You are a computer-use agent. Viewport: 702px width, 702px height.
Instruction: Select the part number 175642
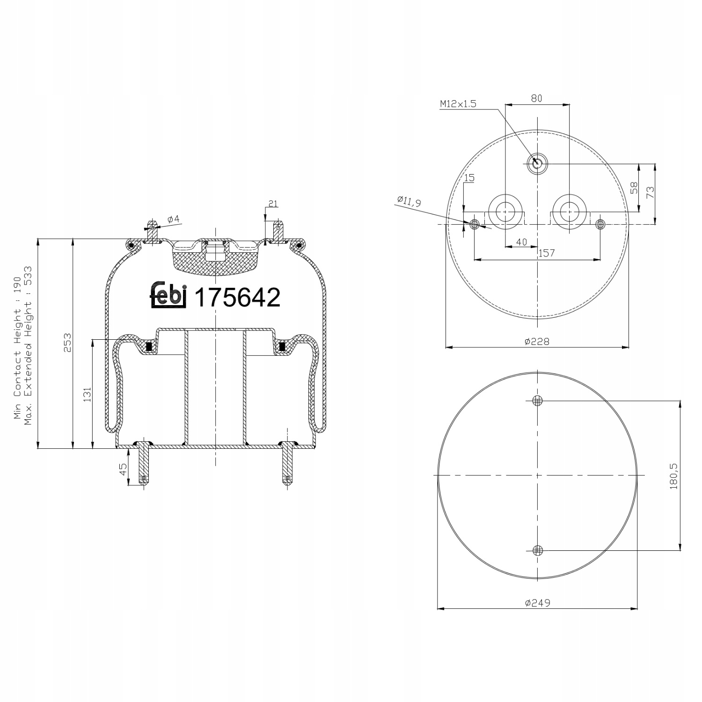tap(237, 297)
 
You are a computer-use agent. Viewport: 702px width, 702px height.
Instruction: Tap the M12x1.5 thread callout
tap(458, 104)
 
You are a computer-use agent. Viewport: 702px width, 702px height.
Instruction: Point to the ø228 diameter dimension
tap(536, 342)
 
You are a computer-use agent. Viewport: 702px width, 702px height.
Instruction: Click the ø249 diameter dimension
tap(537, 603)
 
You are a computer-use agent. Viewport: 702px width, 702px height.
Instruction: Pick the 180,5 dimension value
tap(674, 475)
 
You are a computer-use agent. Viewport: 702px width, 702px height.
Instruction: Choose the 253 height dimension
tap(67, 343)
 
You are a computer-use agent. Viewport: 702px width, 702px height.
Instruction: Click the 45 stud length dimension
tap(123, 469)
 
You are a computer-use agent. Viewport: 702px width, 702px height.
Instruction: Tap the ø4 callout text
tap(173, 219)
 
